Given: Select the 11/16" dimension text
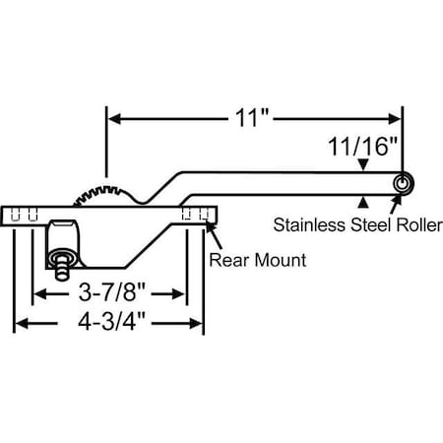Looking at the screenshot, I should pyautogui.click(x=363, y=148).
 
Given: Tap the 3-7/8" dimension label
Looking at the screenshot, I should pyautogui.click(x=107, y=294).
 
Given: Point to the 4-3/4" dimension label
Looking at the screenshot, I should pyautogui.click(x=107, y=324).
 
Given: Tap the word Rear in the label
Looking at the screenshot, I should pyautogui.click(x=228, y=261).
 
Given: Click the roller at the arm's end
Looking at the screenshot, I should pyautogui.click(x=403, y=184).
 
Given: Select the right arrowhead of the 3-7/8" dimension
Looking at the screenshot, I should pyautogui.click(x=181, y=294).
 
